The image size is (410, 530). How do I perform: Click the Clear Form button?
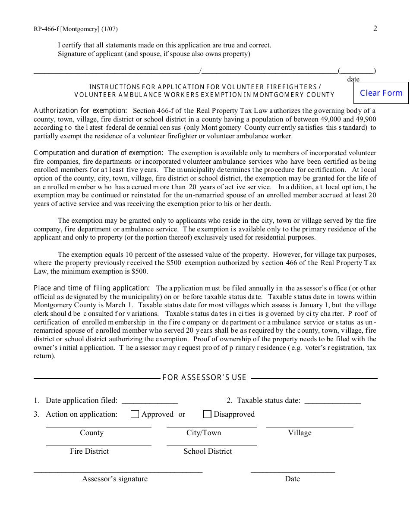[x=381, y=93]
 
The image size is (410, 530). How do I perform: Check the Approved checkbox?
[x=135, y=414]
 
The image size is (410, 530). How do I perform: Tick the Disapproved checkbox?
[x=207, y=414]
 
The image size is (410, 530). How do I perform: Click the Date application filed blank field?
[x=150, y=401]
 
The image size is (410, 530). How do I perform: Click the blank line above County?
[x=98, y=426]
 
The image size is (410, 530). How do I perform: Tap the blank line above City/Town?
[x=211, y=426]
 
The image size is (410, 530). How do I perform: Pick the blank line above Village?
[x=309, y=426]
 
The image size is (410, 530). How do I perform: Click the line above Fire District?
[x=98, y=445]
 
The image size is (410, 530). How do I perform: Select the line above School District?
[x=211, y=445]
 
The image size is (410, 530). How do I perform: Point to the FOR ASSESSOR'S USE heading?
[x=204, y=378]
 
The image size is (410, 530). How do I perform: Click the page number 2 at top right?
[x=375, y=28]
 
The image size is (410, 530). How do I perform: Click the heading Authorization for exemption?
[x=80, y=111]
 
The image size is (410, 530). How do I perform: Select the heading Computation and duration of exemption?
[x=98, y=153]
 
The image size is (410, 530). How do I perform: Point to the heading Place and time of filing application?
[x=92, y=288]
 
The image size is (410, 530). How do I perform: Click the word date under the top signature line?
[x=353, y=79]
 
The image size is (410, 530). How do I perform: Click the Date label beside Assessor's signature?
[x=292, y=479]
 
